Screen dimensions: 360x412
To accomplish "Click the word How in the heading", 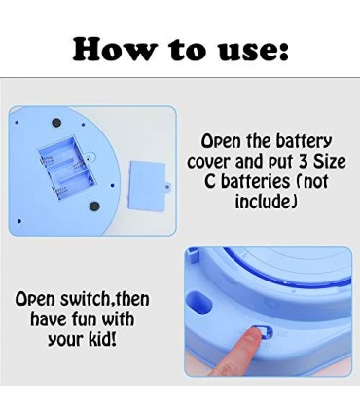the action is pyautogui.click(x=113, y=51).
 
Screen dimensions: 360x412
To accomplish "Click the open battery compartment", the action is pyautogui.click(x=66, y=168).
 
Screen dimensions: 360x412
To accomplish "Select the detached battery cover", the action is pyautogui.click(x=147, y=185).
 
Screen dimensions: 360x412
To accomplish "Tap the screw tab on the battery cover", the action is pyautogui.click(x=168, y=186).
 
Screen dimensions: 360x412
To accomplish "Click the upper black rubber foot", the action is pyautogui.click(x=56, y=123).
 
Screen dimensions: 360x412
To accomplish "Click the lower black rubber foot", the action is pyautogui.click(x=94, y=206).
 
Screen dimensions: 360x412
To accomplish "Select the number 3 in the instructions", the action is pyautogui.click(x=303, y=161).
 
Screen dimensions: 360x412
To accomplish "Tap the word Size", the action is pyautogui.click(x=329, y=161).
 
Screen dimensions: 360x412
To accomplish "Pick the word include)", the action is pyautogui.click(x=266, y=202).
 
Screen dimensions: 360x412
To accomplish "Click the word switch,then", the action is pyautogui.click(x=105, y=299).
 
